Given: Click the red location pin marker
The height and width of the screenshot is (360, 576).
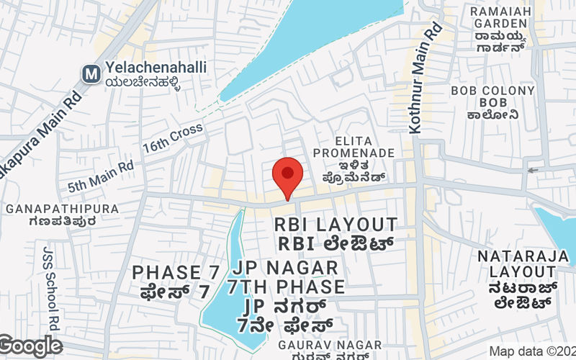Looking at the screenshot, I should (x=287, y=175).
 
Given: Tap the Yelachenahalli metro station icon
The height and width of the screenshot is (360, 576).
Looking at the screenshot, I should (x=91, y=73).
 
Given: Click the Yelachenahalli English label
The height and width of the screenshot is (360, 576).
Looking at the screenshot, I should (x=156, y=67).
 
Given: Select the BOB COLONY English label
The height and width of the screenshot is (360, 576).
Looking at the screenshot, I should (x=493, y=91).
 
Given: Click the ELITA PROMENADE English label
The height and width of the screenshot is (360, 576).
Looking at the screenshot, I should (x=354, y=146).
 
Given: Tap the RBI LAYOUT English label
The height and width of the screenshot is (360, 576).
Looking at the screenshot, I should (x=336, y=225).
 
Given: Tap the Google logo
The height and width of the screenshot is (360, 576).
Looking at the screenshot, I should (x=31, y=346).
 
